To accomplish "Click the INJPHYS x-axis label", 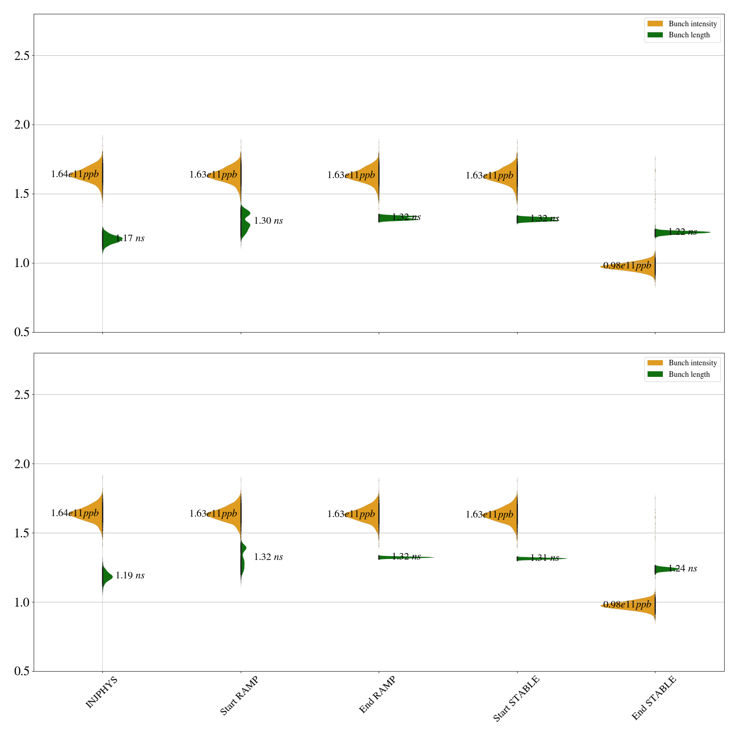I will pyautogui.click(x=102, y=692).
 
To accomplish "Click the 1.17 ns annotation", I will pyautogui.click(x=130, y=238).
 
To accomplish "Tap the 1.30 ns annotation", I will pyautogui.click(x=268, y=221).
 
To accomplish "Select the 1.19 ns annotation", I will pyautogui.click(x=130, y=576).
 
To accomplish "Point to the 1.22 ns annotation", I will pyautogui.click(x=683, y=232).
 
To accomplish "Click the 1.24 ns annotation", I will pyautogui.click(x=683, y=569).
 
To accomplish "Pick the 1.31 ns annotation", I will pyautogui.click(x=545, y=558).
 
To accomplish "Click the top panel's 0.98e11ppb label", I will pyautogui.click(x=627, y=266).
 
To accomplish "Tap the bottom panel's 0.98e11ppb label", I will pyautogui.click(x=627, y=605).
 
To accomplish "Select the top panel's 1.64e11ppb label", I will pyautogui.click(x=75, y=174).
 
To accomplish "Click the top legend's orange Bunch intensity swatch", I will pyautogui.click(x=655, y=24).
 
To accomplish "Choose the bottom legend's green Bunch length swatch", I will pyautogui.click(x=655, y=375).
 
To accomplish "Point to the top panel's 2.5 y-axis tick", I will pyautogui.click(x=22, y=56).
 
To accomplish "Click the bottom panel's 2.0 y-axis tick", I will pyautogui.click(x=22, y=464).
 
